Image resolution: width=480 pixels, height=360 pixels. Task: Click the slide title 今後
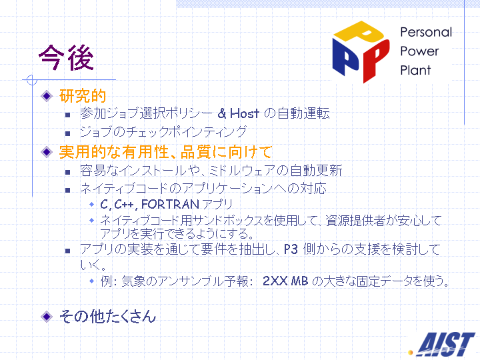pos(66,57)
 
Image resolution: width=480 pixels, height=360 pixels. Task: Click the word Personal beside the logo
pos(426,32)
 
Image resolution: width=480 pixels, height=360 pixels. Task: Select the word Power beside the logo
pos(419,51)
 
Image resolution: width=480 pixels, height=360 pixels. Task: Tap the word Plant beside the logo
pos(415,70)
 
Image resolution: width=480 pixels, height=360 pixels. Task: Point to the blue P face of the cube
pos(346,57)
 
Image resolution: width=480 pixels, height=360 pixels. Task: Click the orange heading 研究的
pos(83,96)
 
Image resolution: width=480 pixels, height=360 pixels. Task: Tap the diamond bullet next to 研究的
pos(47,96)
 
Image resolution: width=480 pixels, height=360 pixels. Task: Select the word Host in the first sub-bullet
pos(244,113)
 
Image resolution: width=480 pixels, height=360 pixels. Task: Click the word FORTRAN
pos(170,204)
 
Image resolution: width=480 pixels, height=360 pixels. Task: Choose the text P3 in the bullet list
pos(291,249)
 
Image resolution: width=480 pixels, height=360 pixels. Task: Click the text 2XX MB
pos(285,281)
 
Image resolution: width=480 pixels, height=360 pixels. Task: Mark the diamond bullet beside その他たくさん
pos(47,317)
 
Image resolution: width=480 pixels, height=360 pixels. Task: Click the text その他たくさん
pos(107,316)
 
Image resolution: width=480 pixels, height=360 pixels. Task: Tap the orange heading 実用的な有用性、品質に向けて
pos(165,152)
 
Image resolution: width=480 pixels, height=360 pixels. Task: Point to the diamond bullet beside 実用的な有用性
pos(47,152)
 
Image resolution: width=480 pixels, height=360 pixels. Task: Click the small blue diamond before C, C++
pos(91,204)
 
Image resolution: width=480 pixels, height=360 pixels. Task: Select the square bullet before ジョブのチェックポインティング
pos(67,133)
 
